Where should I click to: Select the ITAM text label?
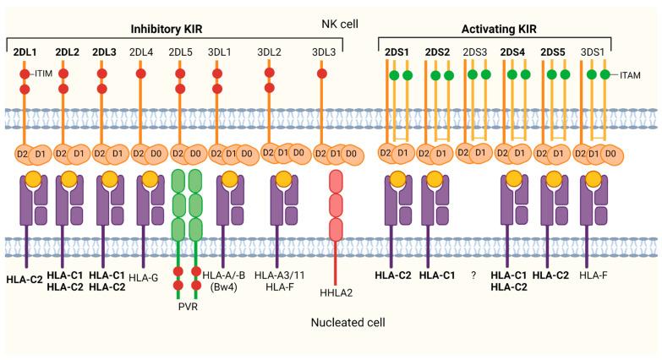tap(628, 76)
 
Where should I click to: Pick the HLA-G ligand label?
tap(145, 276)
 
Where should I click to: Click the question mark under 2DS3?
tap(475, 276)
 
